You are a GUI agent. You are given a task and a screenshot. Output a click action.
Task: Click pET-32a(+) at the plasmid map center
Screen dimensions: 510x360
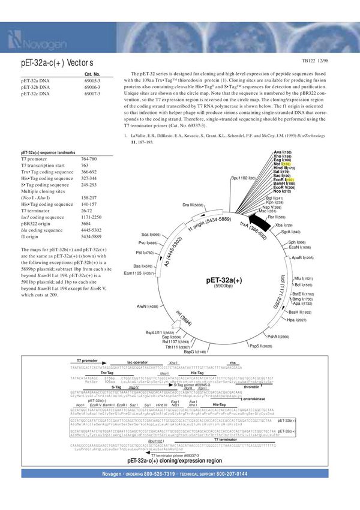coord(223,280)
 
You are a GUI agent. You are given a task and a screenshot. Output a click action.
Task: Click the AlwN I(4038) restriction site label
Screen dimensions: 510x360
coord(147,307)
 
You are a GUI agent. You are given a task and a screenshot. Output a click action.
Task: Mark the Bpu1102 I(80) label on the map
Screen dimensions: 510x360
coord(243,178)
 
